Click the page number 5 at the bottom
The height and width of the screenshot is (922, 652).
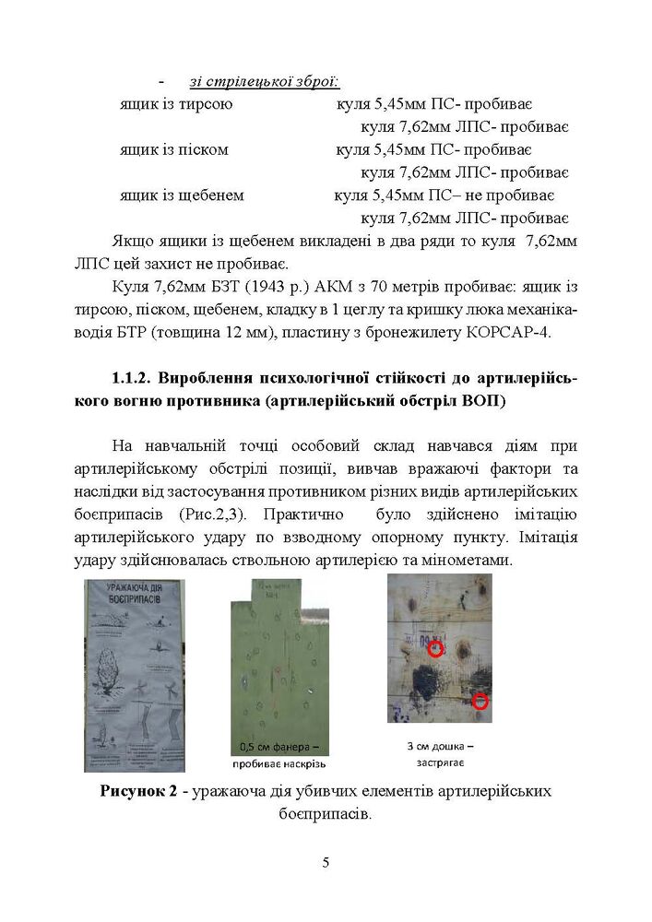pos(326,863)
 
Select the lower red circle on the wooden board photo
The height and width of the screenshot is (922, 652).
pos(480,702)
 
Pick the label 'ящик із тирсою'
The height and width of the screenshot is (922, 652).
pos(175,103)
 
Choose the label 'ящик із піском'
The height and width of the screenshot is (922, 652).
pos(173,148)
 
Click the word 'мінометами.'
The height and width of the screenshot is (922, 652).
pos(530,561)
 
